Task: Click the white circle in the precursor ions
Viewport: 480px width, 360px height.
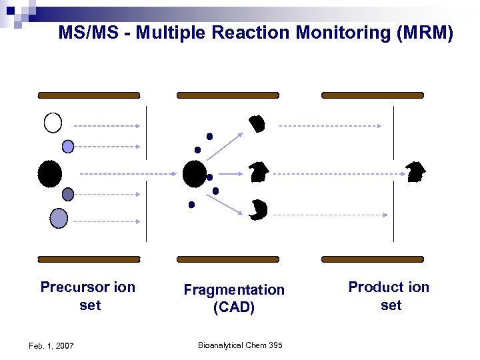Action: pyautogui.click(x=53, y=123)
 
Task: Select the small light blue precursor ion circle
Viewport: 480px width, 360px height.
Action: pyautogui.click(x=67, y=146)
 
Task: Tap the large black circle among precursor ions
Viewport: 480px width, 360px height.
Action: pyautogui.click(x=50, y=173)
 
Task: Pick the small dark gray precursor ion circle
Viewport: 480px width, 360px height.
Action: pyautogui.click(x=68, y=194)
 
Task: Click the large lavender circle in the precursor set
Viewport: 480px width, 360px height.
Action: pyautogui.click(x=59, y=218)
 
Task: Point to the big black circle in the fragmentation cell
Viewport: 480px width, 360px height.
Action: pyautogui.click(x=194, y=174)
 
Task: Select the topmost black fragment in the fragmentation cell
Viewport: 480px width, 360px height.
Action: pyautogui.click(x=257, y=124)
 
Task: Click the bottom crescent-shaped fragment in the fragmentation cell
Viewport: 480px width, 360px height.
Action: pyautogui.click(x=258, y=209)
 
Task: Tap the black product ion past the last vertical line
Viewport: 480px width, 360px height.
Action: pyautogui.click(x=415, y=172)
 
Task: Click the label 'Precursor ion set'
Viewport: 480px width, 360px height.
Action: pyautogui.click(x=88, y=296)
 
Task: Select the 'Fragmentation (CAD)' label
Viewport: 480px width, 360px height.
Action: pyautogui.click(x=234, y=299)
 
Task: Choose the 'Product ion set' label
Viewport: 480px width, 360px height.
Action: pyautogui.click(x=389, y=296)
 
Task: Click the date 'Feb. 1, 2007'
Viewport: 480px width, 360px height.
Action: pyautogui.click(x=51, y=345)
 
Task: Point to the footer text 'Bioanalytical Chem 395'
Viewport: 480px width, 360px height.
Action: pyautogui.click(x=240, y=345)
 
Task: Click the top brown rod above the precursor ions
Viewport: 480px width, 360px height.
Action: pyautogui.click(x=89, y=95)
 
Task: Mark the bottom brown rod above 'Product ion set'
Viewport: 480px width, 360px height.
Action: pyautogui.click(x=372, y=259)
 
